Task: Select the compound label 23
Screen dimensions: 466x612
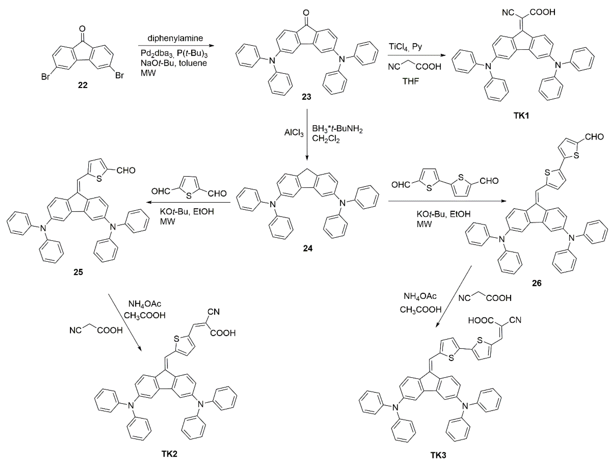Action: tap(306, 97)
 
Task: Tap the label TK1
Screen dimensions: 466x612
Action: tap(521, 116)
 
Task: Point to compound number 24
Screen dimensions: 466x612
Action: tap(307, 248)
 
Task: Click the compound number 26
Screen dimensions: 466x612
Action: tap(537, 283)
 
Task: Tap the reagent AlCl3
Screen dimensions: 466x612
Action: tap(294, 133)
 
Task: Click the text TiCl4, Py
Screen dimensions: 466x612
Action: tap(405, 47)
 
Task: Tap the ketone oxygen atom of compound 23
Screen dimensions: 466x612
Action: tap(306, 13)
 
